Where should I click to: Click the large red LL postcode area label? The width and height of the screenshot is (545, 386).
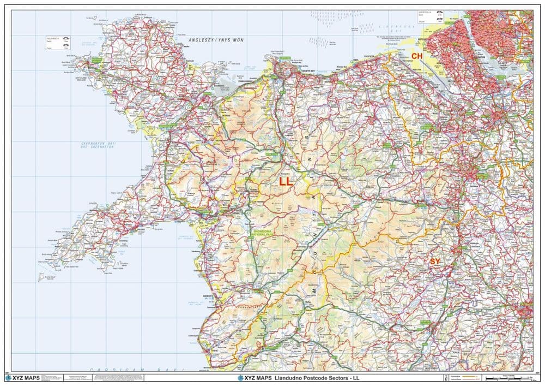pyautogui.click(x=286, y=182)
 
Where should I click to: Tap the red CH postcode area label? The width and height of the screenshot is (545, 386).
pyautogui.click(x=417, y=56)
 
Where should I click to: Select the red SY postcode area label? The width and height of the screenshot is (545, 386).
pyautogui.click(x=435, y=262)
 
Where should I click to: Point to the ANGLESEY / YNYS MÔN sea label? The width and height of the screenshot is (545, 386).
pyautogui.click(x=216, y=40)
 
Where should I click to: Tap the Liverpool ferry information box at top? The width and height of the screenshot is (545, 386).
pyautogui.click(x=431, y=17)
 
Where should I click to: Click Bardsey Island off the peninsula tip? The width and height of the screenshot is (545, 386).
pyautogui.click(x=41, y=278)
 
